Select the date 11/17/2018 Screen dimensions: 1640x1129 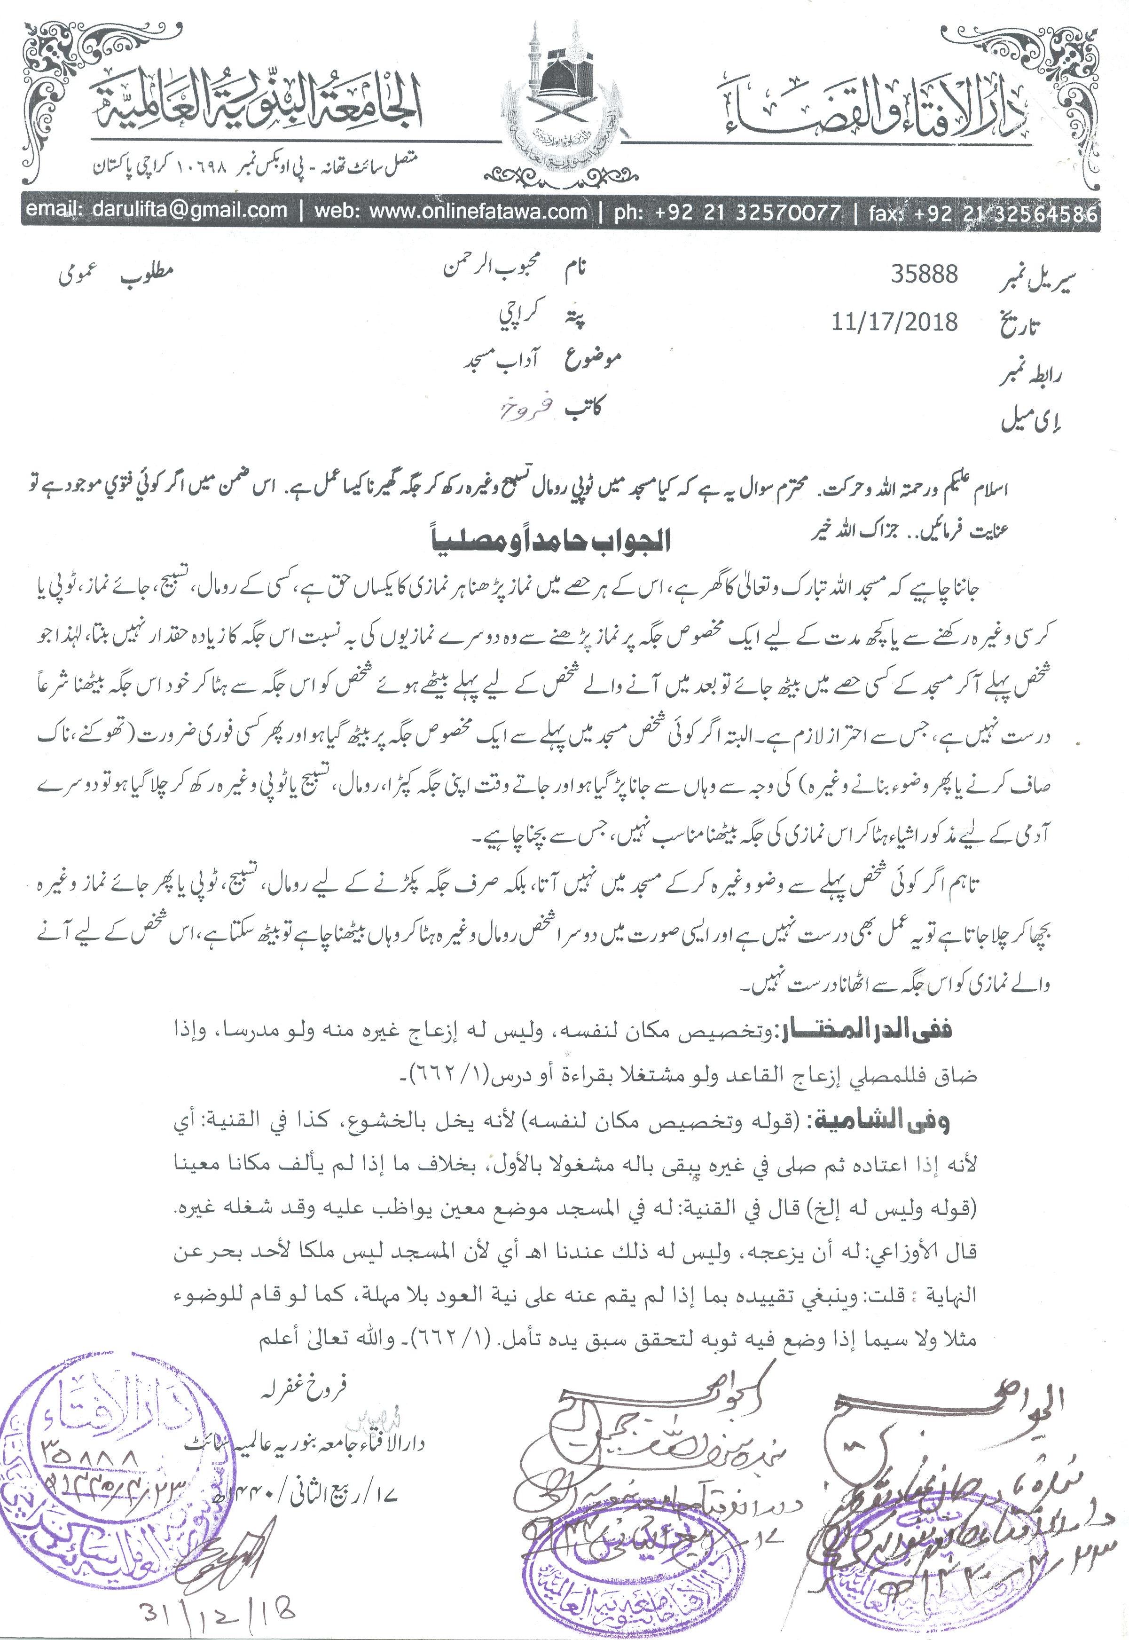coord(895,323)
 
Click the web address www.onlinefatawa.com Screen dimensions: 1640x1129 coord(450,211)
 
